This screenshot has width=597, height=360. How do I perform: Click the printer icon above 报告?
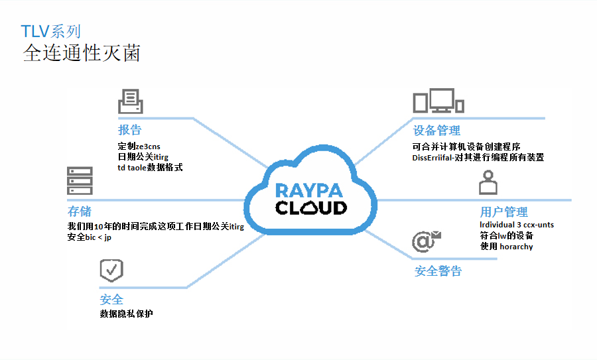coord(130,101)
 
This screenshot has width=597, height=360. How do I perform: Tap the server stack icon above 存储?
coord(79,181)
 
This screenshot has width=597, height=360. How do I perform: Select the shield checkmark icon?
coord(111,270)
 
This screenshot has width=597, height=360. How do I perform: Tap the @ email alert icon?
coord(426,241)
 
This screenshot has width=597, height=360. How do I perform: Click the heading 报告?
coord(129,130)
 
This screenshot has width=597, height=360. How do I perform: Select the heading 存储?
coord(80,211)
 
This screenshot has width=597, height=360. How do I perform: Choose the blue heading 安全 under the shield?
coord(111,300)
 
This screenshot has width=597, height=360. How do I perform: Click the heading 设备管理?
coord(436,131)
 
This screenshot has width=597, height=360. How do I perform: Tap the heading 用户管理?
coord(503,212)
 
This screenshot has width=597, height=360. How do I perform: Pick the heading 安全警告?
coord(438,270)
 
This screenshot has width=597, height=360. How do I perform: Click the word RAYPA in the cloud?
coord(310,190)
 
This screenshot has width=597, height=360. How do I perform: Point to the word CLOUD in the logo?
coord(310,208)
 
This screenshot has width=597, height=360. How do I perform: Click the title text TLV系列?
coord(51,31)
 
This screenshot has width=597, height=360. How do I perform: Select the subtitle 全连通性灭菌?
coord(82,53)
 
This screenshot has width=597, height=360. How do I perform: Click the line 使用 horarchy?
coord(506,247)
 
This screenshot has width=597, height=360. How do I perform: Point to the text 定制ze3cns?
coord(139,146)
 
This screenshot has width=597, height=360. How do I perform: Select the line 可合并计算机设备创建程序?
coord(466,146)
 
